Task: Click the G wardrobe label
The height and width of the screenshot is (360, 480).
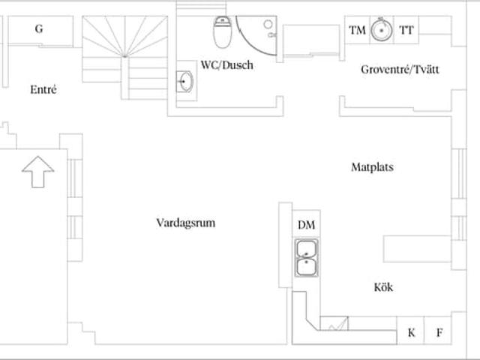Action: tap(38, 29)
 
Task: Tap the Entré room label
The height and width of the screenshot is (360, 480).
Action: tap(43, 90)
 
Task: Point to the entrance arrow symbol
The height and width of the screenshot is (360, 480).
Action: tap(37, 172)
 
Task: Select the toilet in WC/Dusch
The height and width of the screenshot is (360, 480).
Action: tap(222, 32)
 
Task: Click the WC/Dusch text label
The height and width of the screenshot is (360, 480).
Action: tap(226, 65)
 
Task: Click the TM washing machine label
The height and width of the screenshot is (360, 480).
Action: tap(358, 30)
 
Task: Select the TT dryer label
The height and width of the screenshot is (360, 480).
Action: tap(406, 30)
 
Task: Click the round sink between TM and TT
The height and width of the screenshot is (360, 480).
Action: tap(382, 30)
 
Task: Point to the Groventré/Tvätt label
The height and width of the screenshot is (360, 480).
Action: tap(400, 70)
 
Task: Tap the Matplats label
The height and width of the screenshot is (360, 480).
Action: tap(372, 167)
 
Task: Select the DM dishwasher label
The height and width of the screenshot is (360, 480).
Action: tap(306, 225)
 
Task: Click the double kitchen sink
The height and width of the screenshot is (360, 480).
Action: tap(307, 257)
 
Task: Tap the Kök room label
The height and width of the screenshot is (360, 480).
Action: tap(383, 287)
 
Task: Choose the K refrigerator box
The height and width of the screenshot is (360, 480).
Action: tap(411, 332)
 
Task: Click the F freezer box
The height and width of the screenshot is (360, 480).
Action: tap(439, 332)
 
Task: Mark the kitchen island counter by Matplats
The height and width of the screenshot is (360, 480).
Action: tap(417, 247)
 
